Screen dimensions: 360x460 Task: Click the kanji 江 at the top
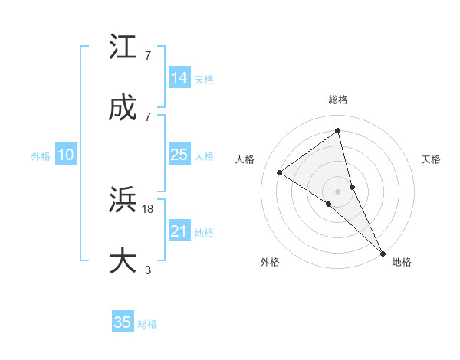(x=124, y=47)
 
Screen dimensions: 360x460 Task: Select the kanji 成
(x=124, y=109)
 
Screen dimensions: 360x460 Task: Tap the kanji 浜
(x=124, y=201)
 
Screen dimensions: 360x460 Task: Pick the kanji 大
(x=124, y=261)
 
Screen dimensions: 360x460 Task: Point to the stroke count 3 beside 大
(x=148, y=269)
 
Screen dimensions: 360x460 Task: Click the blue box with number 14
(x=179, y=78)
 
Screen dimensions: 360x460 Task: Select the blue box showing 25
(x=179, y=155)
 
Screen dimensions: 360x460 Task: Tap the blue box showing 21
(x=179, y=231)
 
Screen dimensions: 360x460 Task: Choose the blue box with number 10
(x=66, y=155)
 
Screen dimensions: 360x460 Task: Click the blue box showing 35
(x=123, y=322)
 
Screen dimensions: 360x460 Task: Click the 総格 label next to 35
(x=147, y=324)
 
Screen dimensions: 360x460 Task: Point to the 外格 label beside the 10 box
(x=41, y=156)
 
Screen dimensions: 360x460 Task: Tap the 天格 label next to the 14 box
(x=204, y=80)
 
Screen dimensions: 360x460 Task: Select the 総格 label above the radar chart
(x=338, y=100)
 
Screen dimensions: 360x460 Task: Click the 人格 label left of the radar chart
(x=245, y=159)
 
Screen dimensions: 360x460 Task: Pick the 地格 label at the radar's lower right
(x=402, y=262)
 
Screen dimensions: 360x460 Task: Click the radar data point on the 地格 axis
(x=383, y=252)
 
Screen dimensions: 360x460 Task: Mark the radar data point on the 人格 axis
(x=280, y=172)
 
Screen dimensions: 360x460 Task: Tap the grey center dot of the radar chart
(x=338, y=191)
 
